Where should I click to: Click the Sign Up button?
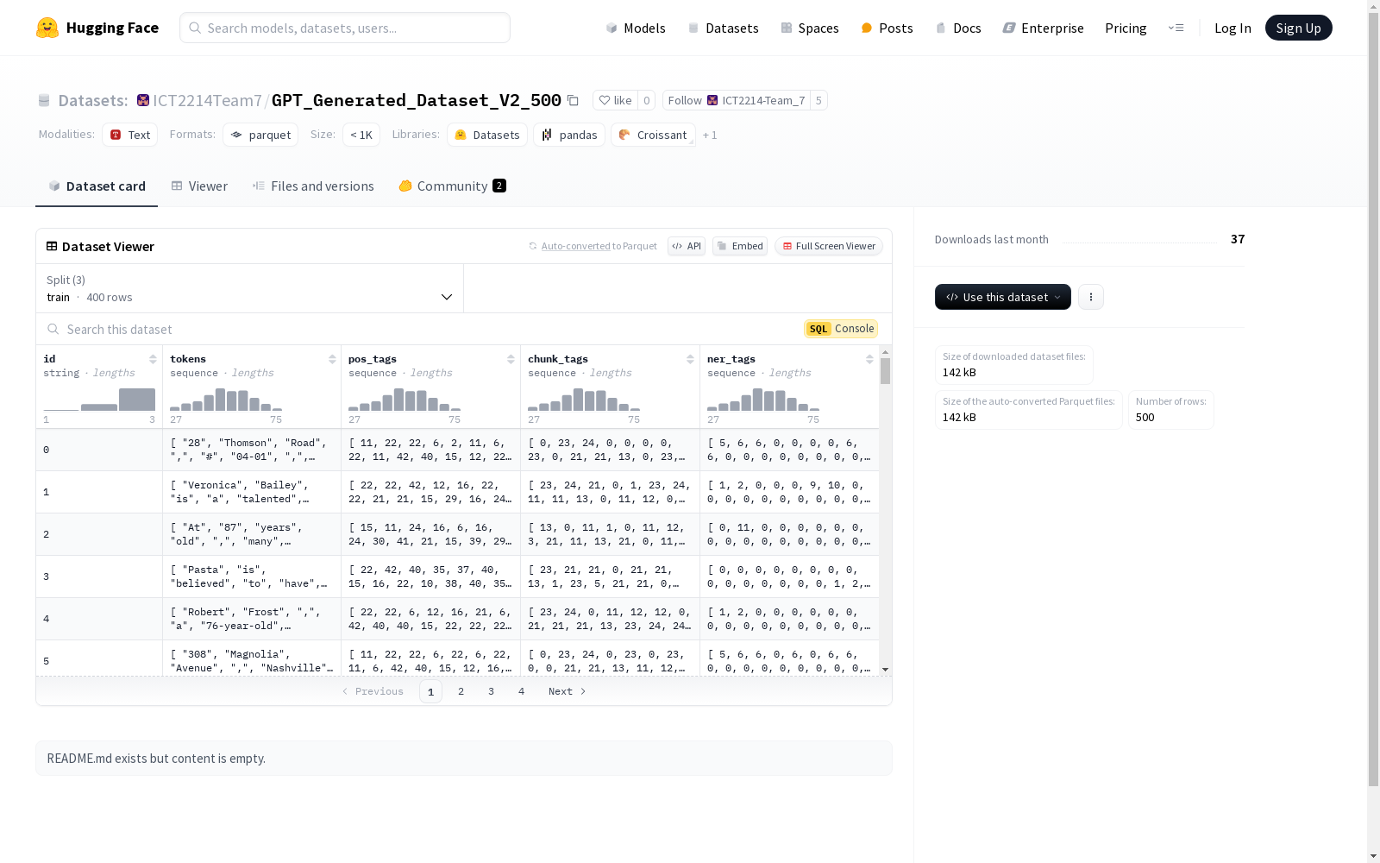[x=1298, y=28]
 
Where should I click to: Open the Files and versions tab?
[x=313, y=186]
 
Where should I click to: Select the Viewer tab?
[x=199, y=186]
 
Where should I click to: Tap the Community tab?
[x=452, y=186]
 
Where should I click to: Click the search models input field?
[x=345, y=28]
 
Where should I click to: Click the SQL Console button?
[x=840, y=329]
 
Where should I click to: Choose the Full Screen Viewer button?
[x=829, y=246]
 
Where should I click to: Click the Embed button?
[x=740, y=246]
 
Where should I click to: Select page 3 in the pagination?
[x=491, y=691]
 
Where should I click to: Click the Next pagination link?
[x=567, y=691]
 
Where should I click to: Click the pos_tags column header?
[x=372, y=359]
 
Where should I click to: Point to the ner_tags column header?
[x=731, y=359]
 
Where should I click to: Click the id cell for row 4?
[x=99, y=618]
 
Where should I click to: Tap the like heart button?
[x=616, y=100]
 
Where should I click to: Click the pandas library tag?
[x=569, y=135]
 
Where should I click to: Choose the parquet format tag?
[x=260, y=135]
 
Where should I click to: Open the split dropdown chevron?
[x=447, y=297]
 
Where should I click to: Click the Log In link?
[x=1233, y=28]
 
